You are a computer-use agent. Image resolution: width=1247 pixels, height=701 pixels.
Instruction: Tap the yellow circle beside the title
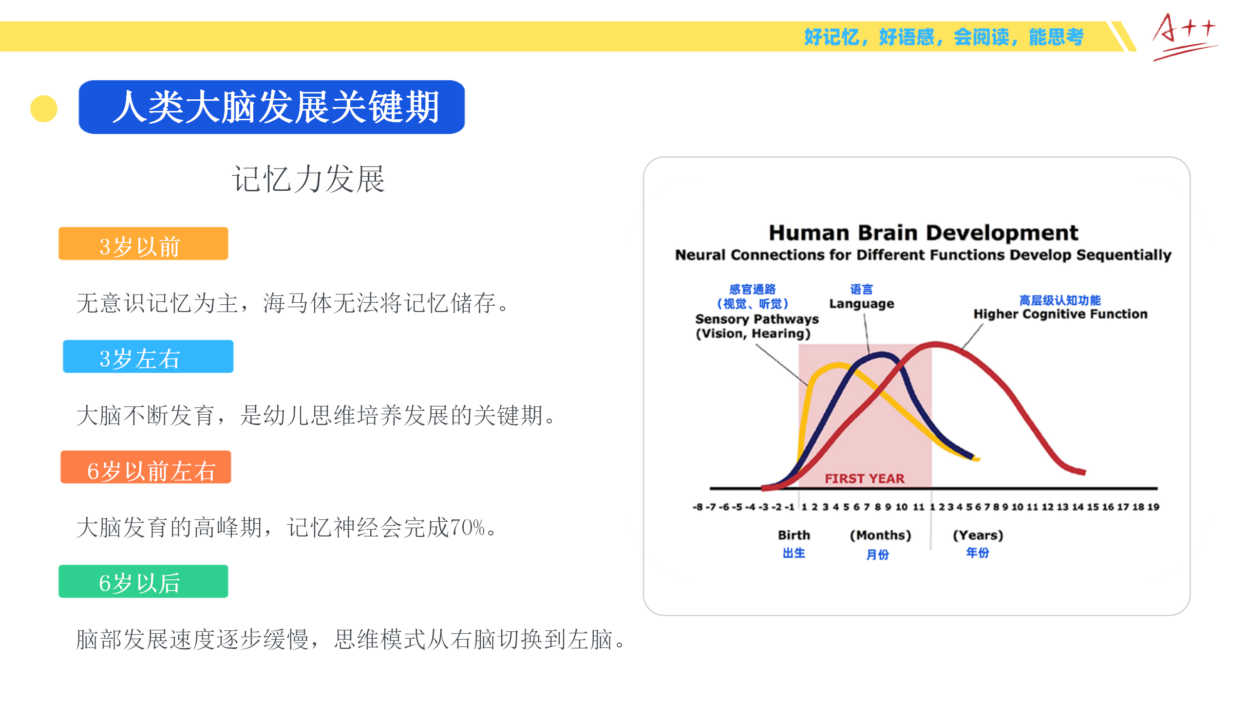[x=44, y=109]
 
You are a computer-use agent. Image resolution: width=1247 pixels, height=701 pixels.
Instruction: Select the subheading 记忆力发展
[x=308, y=179]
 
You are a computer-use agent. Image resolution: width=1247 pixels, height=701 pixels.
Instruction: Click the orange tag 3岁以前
[x=143, y=243]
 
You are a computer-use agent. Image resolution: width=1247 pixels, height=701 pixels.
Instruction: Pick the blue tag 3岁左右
[x=148, y=356]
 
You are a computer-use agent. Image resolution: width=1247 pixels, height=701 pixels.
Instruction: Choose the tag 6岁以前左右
[x=146, y=467]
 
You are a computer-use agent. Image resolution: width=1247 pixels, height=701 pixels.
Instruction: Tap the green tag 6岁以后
[x=143, y=581]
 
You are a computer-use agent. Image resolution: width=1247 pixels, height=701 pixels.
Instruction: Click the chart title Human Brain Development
[x=924, y=233]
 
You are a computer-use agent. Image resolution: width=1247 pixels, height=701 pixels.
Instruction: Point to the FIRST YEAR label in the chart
[x=865, y=479]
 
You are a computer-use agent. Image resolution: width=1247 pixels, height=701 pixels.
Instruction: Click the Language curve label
[x=862, y=304]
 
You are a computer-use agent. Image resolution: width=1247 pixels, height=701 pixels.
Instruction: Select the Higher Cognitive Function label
[x=1060, y=314]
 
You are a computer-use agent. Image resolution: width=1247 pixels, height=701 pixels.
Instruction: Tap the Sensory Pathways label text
[x=757, y=319]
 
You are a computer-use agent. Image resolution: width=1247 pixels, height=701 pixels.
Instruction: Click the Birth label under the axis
[x=794, y=535]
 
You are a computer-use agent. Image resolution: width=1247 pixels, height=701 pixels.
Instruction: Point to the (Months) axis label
[x=880, y=535]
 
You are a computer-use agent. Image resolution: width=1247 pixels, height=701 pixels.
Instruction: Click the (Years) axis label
[x=978, y=535]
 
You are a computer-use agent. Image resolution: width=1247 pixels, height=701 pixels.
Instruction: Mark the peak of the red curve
[x=935, y=344]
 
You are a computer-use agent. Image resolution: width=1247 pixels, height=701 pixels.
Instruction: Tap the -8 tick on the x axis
[x=698, y=507]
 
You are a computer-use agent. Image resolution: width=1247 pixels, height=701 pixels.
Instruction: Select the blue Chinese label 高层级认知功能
[x=1060, y=300]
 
